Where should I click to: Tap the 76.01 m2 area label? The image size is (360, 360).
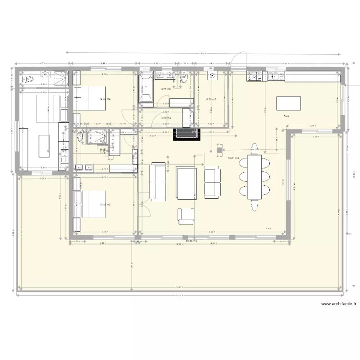[233, 158]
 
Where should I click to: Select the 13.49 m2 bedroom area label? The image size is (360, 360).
[105, 204]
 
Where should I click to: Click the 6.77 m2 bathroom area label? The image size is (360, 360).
[166, 89]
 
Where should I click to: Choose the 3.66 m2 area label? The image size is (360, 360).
[166, 118]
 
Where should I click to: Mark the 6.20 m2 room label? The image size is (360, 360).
[211, 99]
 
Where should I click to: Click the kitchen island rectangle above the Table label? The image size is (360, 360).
[289, 103]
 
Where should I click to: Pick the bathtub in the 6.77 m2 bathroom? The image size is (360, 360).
[145, 89]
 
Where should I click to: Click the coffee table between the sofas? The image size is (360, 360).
[187, 182]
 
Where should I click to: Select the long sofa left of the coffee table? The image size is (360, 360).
[159, 181]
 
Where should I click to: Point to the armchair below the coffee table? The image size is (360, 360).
[186, 216]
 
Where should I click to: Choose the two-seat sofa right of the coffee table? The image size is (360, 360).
[212, 181]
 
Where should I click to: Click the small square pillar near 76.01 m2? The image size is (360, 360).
[219, 150]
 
